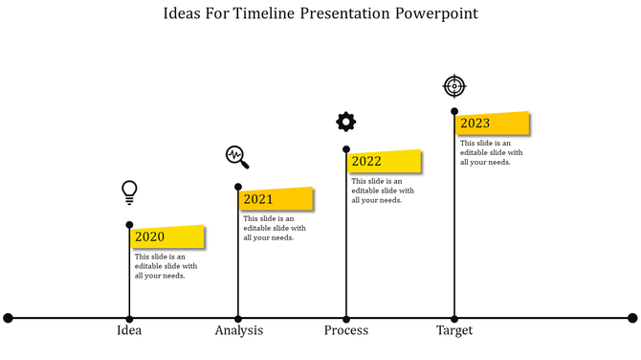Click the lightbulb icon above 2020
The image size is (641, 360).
point(129,191)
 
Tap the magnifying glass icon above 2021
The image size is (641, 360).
point(237,156)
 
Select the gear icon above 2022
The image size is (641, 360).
point(345,122)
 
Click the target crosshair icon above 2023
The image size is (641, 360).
point(453,86)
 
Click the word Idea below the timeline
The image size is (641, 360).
point(129,330)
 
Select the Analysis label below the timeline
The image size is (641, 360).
point(238,330)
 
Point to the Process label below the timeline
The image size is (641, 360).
point(345,330)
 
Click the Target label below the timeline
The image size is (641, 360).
point(454,330)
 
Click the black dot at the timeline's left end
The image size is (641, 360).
point(9,318)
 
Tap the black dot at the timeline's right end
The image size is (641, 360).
point(632,318)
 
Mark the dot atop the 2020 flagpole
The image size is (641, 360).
point(129,225)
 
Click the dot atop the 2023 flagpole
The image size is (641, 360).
point(453,111)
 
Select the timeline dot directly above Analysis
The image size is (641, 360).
point(238,318)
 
